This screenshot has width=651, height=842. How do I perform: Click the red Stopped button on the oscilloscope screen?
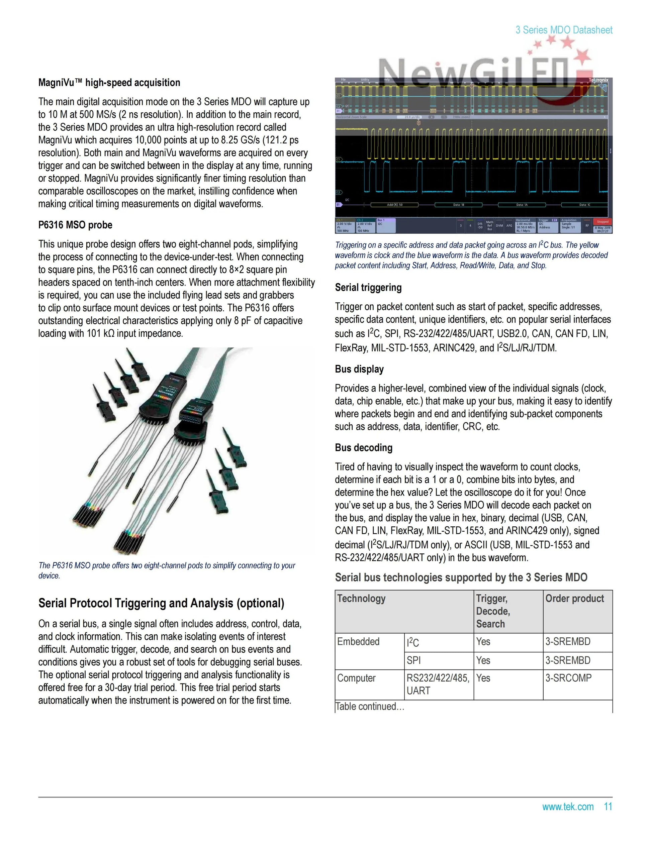pos(602,222)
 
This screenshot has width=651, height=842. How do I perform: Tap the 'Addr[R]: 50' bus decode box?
pos(394,205)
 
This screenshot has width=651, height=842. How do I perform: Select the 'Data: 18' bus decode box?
pos(458,205)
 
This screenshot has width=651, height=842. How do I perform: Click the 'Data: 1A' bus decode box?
pos(522,205)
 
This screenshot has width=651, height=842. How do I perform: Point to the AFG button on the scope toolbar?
pos(509,225)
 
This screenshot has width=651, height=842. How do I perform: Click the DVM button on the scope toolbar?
pos(499,225)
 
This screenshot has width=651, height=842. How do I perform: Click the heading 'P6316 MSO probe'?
pos(75,225)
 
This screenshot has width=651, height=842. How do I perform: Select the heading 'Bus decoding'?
pos(364,448)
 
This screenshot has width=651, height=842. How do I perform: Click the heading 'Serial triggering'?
pos(368,287)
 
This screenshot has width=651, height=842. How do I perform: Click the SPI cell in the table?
pos(413,660)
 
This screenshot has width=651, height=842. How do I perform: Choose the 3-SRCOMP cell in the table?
pos(568,678)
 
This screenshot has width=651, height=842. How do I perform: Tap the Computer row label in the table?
pos(356,678)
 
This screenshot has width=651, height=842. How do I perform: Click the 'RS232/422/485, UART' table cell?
pos(438,684)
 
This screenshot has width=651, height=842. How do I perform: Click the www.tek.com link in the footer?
pos(568,807)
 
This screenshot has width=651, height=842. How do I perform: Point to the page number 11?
pos(608,807)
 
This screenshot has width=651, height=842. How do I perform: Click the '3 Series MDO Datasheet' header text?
pos(564,30)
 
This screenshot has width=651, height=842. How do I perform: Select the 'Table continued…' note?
pos(369,706)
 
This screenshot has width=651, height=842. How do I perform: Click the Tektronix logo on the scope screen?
pos(598,80)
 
